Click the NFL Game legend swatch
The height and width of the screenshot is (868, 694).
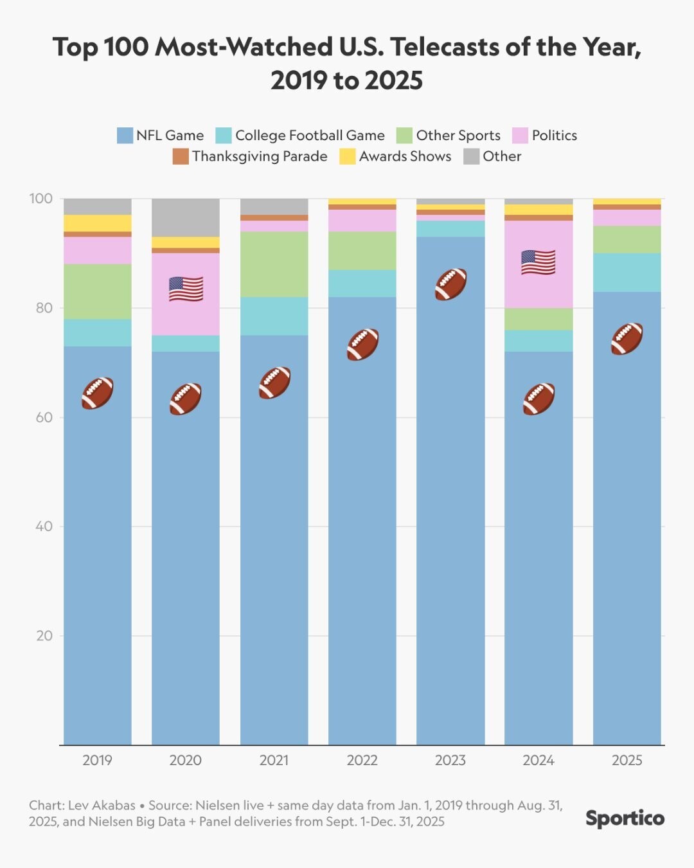click(125, 136)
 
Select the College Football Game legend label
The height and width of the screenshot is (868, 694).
click(310, 136)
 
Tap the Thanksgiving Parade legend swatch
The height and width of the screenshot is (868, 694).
click(181, 157)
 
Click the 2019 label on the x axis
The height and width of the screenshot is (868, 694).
click(98, 761)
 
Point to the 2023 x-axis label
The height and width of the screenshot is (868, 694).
click(450, 761)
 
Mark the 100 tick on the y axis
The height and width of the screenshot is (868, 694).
click(40, 199)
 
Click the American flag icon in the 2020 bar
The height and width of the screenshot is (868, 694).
click(186, 289)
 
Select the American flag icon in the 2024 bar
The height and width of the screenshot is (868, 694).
click(538, 262)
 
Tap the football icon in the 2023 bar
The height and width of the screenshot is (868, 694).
click(450, 284)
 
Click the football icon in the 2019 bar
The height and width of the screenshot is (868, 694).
click(98, 393)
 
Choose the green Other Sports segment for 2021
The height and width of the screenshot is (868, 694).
click(274, 264)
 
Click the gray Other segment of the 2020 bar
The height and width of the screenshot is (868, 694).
click(186, 217)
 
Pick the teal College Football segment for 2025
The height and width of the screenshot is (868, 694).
click(627, 273)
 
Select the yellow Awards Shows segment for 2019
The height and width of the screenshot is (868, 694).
click(98, 223)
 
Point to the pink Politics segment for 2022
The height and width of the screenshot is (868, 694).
click(362, 221)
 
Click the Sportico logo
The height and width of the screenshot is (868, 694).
click(625, 818)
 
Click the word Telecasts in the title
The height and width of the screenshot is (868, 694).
click(456, 48)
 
